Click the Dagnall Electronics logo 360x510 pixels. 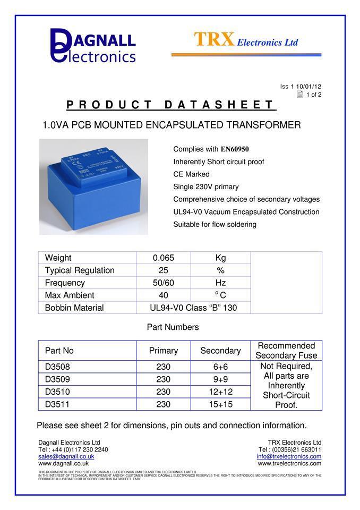tap(93, 46)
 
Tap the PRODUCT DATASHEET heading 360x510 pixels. tap(171, 105)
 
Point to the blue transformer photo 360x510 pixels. tap(93, 186)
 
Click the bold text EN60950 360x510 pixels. tap(234, 149)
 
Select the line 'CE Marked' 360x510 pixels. tap(191, 174)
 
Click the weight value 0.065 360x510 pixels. tap(164, 258)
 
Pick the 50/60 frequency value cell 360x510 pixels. tap(164, 283)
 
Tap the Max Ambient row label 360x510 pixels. tap(70, 295)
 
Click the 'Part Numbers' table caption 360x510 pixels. tap(173, 327)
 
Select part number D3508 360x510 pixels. tap(57, 367)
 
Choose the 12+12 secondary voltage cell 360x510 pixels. tap(220, 392)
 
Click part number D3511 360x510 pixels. tap(57, 404)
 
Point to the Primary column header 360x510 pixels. tap(164, 351)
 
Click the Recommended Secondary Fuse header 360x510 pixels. tap(286, 351)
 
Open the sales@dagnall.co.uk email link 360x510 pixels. tap(66, 456)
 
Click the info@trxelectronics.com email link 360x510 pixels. tap(289, 456)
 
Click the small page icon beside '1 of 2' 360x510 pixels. tap(300, 95)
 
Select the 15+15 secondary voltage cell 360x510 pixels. tap(220, 404)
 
